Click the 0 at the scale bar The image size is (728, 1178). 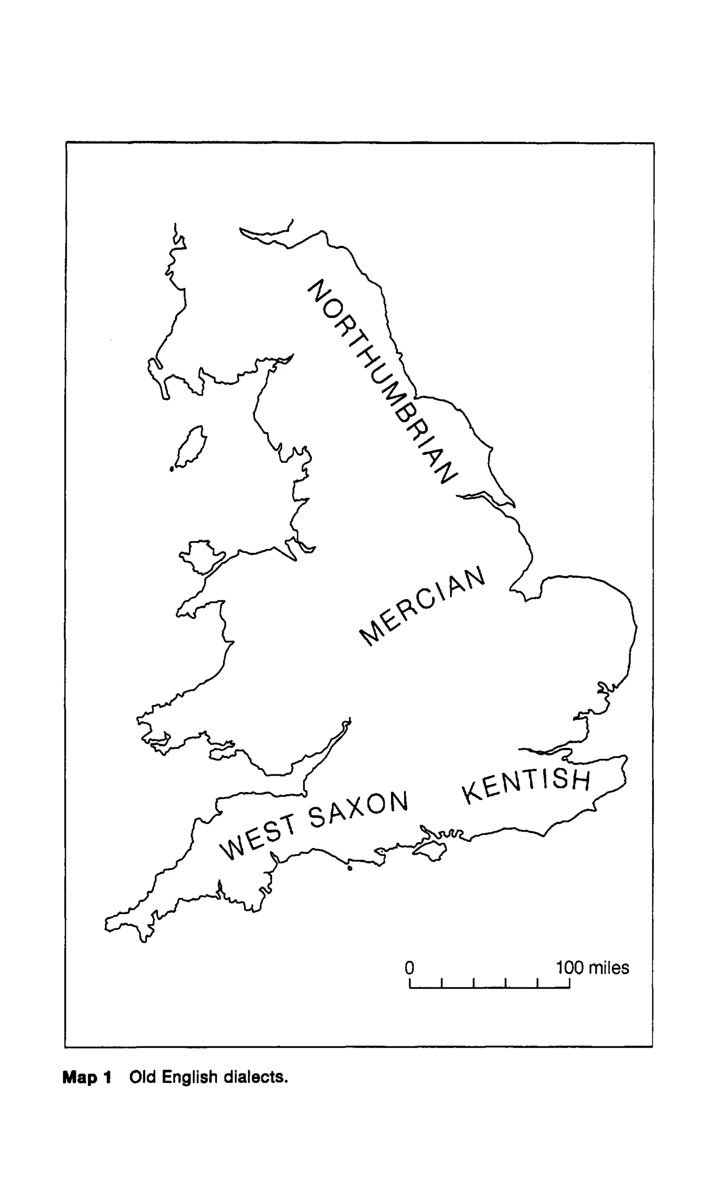click(409, 967)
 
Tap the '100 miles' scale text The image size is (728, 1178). click(593, 967)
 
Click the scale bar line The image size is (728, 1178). click(489, 987)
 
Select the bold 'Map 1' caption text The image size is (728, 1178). click(87, 1077)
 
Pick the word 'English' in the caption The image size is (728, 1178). click(189, 1077)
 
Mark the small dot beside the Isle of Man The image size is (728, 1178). click(171, 469)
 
